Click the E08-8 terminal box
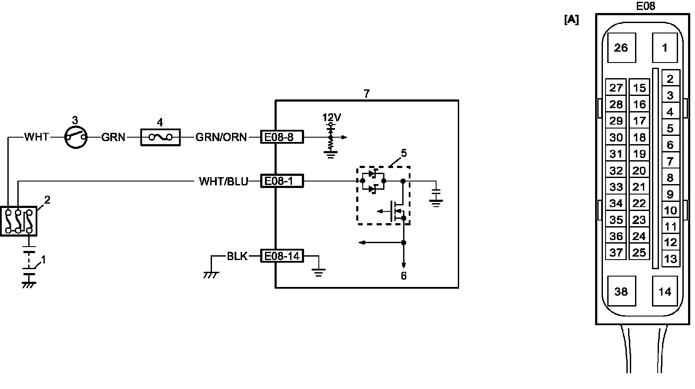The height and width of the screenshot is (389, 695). pyautogui.click(x=282, y=137)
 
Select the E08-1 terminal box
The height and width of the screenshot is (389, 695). pyautogui.click(x=282, y=181)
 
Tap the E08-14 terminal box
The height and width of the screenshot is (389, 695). pyautogui.click(x=282, y=256)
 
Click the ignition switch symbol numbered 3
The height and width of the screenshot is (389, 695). pyautogui.click(x=76, y=138)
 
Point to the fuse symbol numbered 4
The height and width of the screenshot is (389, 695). pyautogui.click(x=161, y=138)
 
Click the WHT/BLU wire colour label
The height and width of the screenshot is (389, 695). pyautogui.click(x=223, y=181)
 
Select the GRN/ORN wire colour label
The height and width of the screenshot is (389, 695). pyautogui.click(x=221, y=138)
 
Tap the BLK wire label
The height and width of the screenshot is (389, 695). pyautogui.click(x=237, y=256)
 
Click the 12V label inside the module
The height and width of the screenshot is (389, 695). pyautogui.click(x=331, y=117)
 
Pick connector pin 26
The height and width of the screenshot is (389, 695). pyautogui.click(x=621, y=48)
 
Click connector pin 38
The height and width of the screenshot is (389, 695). pyautogui.click(x=621, y=291)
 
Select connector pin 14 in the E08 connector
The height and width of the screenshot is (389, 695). pyautogui.click(x=665, y=291)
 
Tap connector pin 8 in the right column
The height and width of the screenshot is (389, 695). pyautogui.click(x=670, y=178)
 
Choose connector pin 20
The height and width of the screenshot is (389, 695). pyautogui.click(x=639, y=171)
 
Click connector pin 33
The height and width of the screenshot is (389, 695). pyautogui.click(x=616, y=187)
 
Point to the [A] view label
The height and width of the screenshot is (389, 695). pyautogui.click(x=571, y=20)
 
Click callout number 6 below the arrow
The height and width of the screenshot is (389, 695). pyautogui.click(x=404, y=276)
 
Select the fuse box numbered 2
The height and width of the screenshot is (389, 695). pyautogui.click(x=18, y=221)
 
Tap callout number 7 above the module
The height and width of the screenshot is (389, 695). pyautogui.click(x=367, y=94)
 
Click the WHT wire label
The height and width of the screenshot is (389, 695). pyautogui.click(x=36, y=138)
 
